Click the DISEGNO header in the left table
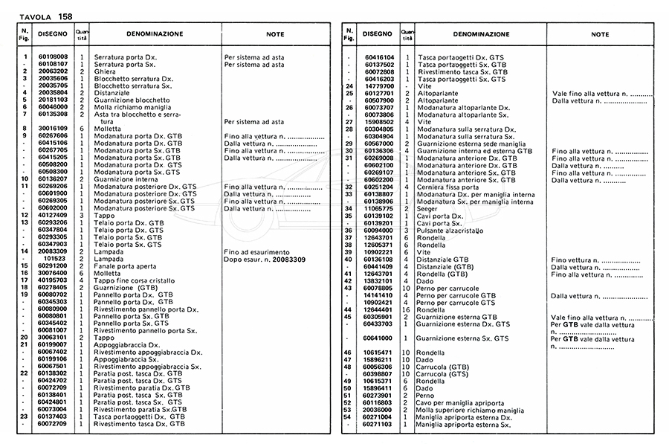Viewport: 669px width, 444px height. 53,34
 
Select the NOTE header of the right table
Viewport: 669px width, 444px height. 600,34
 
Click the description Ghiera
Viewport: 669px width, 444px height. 104,71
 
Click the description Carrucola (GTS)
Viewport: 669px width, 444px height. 446,374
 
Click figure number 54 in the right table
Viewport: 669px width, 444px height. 349,417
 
